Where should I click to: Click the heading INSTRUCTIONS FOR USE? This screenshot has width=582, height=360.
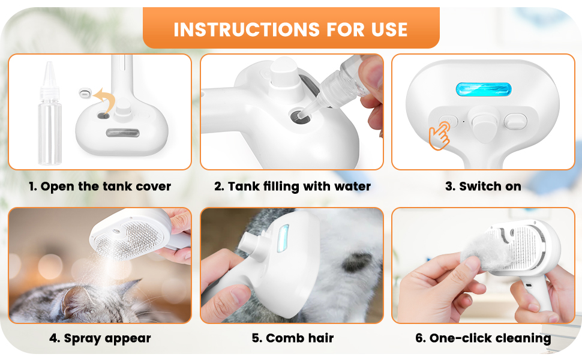(291, 29)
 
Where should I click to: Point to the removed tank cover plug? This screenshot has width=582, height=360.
(85, 94)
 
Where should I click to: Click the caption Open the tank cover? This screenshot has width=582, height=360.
(100, 187)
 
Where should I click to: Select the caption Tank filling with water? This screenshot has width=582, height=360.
(292, 187)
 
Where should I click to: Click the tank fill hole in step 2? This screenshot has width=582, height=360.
(298, 116)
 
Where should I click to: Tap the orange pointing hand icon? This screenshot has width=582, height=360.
(439, 137)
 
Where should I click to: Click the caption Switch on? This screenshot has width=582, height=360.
(483, 187)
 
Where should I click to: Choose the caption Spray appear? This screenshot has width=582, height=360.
(100, 338)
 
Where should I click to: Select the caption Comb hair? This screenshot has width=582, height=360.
(292, 338)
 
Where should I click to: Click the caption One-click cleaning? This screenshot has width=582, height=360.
(483, 338)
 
